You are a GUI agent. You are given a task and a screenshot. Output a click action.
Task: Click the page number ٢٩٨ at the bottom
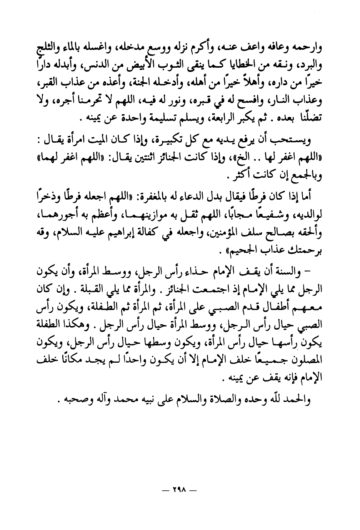tap(180, 490)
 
